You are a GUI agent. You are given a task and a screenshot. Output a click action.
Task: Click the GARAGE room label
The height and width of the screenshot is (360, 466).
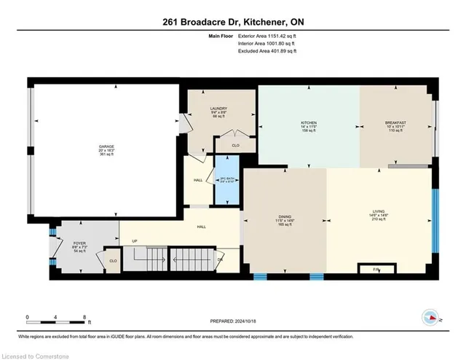coord(106,146)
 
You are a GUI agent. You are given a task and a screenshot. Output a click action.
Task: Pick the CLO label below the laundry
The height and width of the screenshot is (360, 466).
coord(235,145)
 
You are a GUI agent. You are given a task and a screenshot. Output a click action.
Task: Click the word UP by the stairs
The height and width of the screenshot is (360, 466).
coord(134,241)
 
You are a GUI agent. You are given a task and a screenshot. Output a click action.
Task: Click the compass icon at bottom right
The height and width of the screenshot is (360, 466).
coord(431,316)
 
